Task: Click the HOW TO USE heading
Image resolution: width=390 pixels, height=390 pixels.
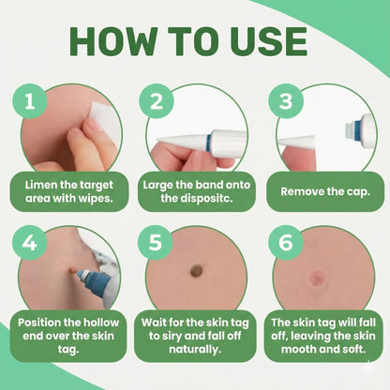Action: pyautogui.click(x=195, y=42)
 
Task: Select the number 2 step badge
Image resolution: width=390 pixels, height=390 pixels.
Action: pyautogui.click(x=157, y=103)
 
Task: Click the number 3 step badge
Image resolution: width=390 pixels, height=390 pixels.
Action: pyautogui.click(x=284, y=103)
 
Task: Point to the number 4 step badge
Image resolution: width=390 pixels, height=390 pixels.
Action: pyautogui.click(x=30, y=245)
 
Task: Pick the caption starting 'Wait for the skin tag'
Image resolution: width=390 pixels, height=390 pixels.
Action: pyautogui.click(x=195, y=334)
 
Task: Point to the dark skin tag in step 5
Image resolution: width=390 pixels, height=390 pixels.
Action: pyautogui.click(x=196, y=271)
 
